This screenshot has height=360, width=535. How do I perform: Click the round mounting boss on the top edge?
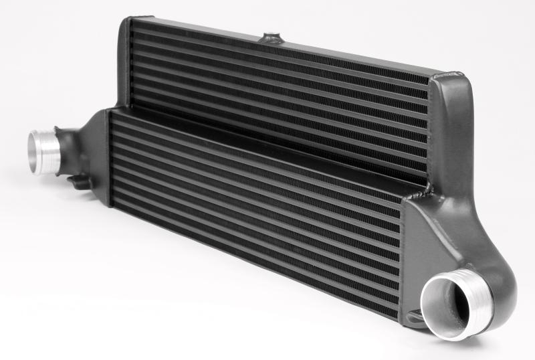tap(274, 35)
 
